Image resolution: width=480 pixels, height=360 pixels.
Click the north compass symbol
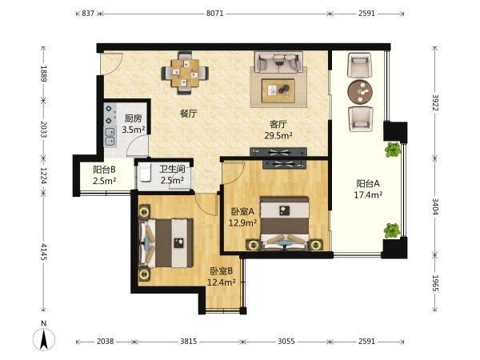click(44, 338)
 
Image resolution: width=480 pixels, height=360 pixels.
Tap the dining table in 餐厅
click(185, 73)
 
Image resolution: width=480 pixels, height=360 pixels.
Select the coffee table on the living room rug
click(278, 90)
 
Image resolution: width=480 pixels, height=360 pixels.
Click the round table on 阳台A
click(360, 92)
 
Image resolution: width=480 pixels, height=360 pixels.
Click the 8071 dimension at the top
click(214, 14)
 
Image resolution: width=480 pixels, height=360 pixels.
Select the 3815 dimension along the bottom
click(188, 341)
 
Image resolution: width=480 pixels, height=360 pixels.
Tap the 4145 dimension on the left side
click(44, 252)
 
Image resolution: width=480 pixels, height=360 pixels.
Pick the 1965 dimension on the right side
click(435, 283)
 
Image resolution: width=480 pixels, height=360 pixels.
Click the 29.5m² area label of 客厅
click(278, 135)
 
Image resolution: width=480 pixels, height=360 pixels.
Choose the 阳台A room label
click(368, 184)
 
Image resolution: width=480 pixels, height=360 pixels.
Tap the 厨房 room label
click(134, 118)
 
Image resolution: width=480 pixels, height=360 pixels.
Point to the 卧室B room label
click(221, 271)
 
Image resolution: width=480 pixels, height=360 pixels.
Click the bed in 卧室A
click(285, 223)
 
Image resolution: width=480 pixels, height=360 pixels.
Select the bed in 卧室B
click(166, 243)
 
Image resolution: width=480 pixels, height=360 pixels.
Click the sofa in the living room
click(278, 62)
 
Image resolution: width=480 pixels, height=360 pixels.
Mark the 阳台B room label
click(104, 170)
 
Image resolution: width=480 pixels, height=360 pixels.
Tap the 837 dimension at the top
click(88, 14)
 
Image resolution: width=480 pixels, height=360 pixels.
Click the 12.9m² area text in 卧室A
click(242, 223)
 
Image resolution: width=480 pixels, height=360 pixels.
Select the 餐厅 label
click(189, 114)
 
